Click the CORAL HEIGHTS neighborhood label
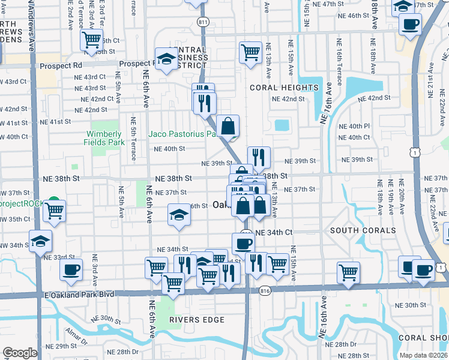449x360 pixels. (x=284, y=88)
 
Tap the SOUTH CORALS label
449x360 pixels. (x=362, y=230)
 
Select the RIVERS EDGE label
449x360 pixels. (x=192, y=320)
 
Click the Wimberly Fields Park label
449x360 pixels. (x=105, y=138)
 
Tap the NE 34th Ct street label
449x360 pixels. (x=274, y=232)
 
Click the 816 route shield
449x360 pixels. (x=265, y=291)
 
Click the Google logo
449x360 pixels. (x=20, y=353)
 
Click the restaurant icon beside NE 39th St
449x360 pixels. (x=259, y=158)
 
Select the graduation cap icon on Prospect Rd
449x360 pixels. (x=166, y=59)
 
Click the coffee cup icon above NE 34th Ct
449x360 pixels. (x=243, y=244)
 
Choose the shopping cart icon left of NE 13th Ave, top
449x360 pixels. (x=250, y=52)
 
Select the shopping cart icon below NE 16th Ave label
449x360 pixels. (x=348, y=272)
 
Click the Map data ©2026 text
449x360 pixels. (x=423, y=355)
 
